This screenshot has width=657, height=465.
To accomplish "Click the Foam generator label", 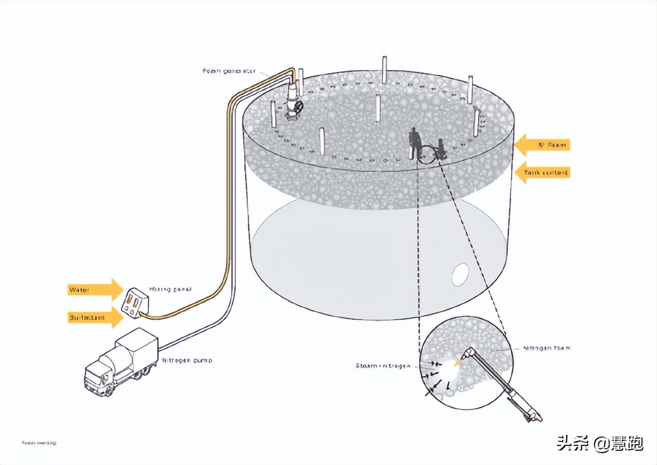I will point(229,71).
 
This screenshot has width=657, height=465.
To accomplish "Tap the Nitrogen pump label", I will point(187,360).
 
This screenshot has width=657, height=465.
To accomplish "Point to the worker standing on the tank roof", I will point(416,143).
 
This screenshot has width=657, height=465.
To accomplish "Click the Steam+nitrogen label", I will point(382,365).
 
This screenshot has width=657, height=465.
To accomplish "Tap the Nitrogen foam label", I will point(547,348).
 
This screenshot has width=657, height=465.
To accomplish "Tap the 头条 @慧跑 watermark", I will point(598,442).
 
